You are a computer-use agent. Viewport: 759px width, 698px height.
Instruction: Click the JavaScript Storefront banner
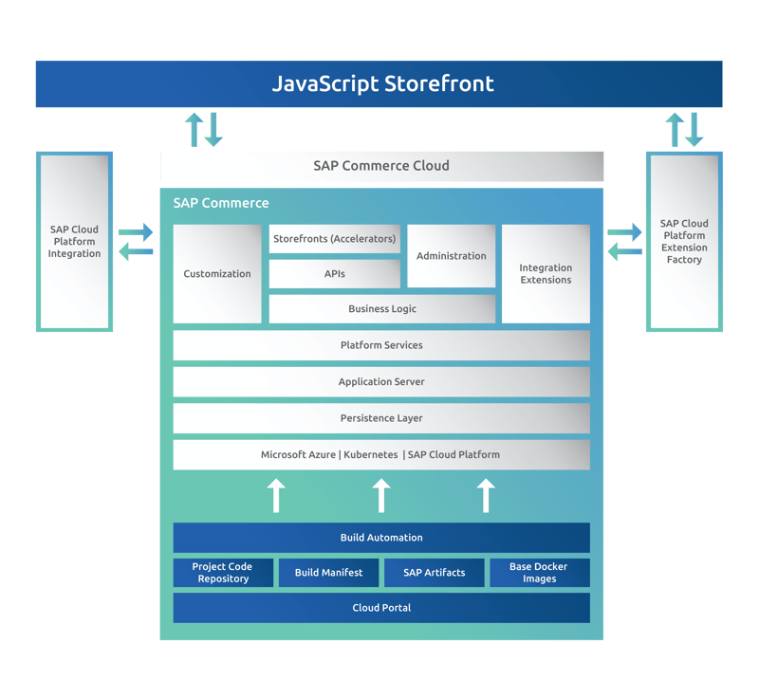[379, 83]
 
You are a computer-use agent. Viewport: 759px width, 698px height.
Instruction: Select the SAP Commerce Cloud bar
[381, 166]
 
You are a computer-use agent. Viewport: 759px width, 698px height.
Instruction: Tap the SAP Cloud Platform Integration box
[74, 241]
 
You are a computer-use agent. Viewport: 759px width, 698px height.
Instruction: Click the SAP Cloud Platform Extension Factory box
[684, 241]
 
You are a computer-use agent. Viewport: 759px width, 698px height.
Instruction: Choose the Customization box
[217, 273]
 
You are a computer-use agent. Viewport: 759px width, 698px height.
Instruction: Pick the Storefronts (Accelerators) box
[334, 239]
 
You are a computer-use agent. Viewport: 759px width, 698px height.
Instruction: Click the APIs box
[334, 274]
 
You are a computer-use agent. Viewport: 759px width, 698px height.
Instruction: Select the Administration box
[451, 256]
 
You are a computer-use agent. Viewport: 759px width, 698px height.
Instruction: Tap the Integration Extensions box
[546, 273]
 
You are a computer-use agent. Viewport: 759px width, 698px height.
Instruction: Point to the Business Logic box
[381, 309]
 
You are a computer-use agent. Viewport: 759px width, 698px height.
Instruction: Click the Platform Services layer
[381, 345]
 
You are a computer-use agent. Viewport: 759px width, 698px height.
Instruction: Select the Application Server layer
[381, 381]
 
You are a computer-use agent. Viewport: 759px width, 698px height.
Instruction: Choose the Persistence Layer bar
[381, 418]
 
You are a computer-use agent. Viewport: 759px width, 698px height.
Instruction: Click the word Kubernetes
[371, 454]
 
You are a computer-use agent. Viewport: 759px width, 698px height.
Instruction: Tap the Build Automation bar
[381, 538]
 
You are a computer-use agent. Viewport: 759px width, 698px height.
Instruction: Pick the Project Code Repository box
[223, 573]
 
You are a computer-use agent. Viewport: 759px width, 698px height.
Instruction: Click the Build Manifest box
[328, 573]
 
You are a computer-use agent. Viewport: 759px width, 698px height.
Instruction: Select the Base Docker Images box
[539, 573]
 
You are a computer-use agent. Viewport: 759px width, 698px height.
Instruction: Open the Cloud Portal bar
[381, 608]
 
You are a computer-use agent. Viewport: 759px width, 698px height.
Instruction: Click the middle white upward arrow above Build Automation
[381, 495]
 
